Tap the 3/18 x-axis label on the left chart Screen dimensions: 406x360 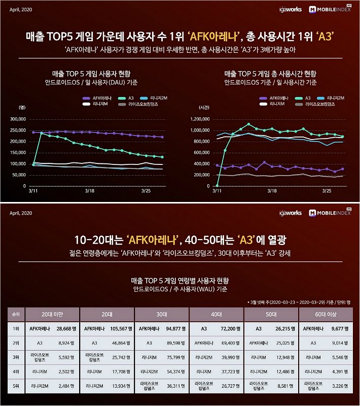pyautogui.click(x=90, y=191)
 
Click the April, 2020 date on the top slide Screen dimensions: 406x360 pyautogui.click(x=21, y=9)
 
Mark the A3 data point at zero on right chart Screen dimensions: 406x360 pyautogui.click(x=217, y=186)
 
